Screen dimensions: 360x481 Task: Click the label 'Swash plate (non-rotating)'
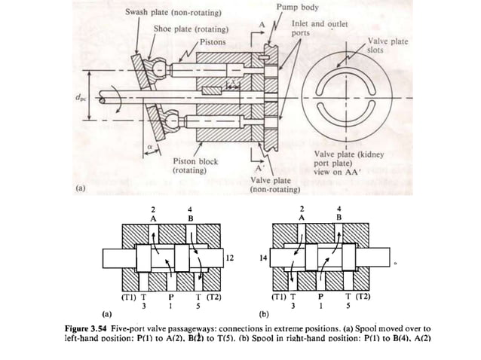tap(173, 13)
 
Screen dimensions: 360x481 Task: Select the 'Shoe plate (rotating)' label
tap(191, 29)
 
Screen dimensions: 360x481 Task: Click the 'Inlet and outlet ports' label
tap(319, 29)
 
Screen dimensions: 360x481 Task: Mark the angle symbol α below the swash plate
tap(149, 138)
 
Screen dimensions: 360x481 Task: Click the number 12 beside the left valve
tap(230, 258)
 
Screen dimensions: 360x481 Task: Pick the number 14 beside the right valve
tap(262, 258)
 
